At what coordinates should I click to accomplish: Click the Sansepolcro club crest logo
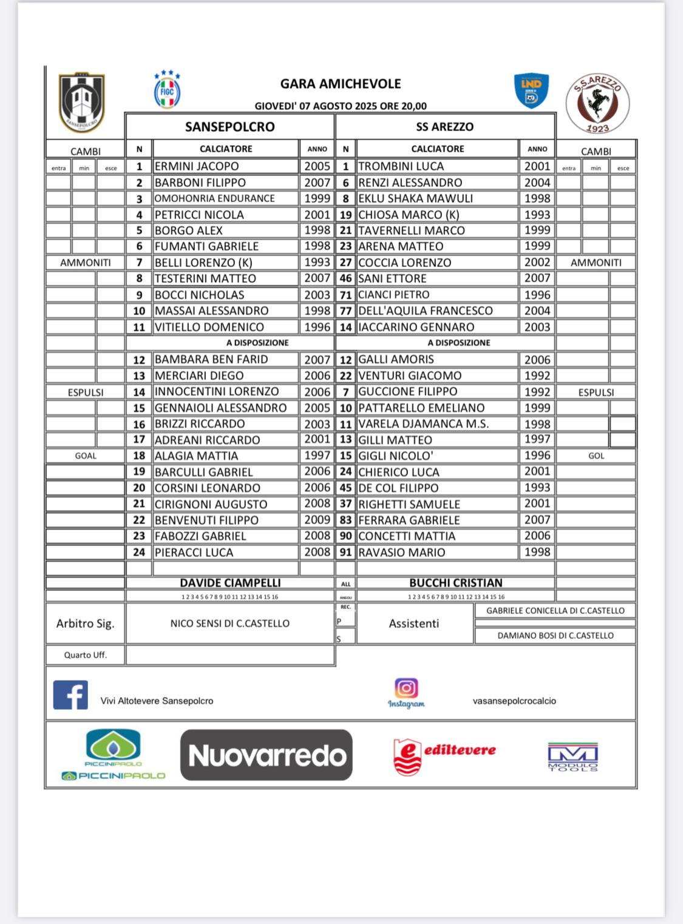[82, 102]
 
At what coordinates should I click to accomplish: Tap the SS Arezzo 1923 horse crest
[597, 103]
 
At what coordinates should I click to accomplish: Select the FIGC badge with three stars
[167, 90]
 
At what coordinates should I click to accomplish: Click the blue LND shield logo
[531, 90]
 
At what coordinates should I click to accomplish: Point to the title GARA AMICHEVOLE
[341, 84]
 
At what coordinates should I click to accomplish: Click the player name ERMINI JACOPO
[197, 166]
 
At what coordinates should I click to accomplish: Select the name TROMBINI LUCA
[401, 166]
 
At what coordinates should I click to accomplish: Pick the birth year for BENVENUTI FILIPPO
[317, 520]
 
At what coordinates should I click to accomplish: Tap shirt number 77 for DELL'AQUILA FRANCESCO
[345, 311]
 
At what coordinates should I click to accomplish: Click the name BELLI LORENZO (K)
[203, 263]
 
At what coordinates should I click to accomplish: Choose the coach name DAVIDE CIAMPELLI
[230, 583]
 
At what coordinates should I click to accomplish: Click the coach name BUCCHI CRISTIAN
[455, 583]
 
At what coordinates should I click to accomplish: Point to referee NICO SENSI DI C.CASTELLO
[229, 623]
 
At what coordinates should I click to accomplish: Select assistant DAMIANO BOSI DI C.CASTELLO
[555, 636]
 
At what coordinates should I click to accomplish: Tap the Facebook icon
[70, 695]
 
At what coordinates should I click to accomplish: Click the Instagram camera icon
[406, 688]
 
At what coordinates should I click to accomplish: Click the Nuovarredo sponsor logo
[267, 755]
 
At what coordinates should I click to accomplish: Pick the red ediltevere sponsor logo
[444, 756]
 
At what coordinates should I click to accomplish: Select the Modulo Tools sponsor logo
[573, 757]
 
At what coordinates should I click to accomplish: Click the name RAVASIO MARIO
[401, 553]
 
